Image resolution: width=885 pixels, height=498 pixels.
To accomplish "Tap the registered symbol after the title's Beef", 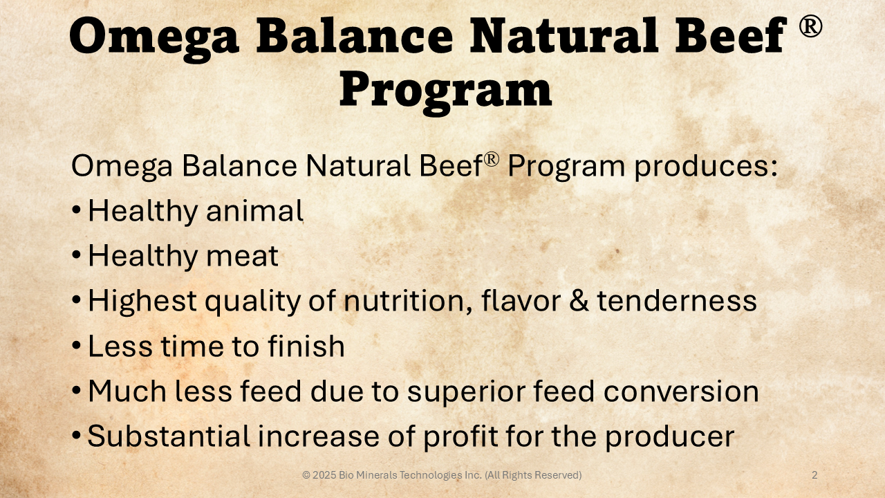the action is pos(811,26).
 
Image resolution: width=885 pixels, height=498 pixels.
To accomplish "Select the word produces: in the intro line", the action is pos(706,166).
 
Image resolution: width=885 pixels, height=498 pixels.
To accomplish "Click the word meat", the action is pos(243,256).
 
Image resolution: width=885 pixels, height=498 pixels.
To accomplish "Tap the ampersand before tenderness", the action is pos(579,301).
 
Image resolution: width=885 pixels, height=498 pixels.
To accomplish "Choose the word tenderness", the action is pos(677,301).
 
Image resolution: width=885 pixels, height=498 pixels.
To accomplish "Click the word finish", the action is pos(306,346).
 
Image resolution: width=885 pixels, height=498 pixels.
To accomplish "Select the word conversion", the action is pos(681,391).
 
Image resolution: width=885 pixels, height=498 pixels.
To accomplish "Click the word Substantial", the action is pos(169,436).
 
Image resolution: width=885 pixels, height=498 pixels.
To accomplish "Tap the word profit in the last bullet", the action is pos(460,437).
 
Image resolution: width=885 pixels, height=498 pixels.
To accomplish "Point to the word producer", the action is pos(670,437).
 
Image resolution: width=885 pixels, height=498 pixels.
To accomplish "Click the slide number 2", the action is pos(814,475).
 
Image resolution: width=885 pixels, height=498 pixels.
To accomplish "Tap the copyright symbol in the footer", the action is pos(306,475).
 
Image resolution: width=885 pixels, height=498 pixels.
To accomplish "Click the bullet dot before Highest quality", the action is pos(76,300).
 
